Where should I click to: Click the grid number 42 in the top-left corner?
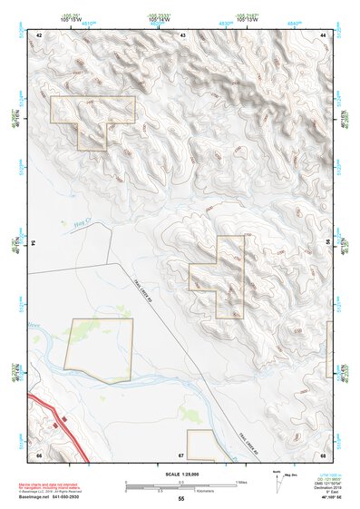(39, 34)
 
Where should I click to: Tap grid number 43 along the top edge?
(182, 34)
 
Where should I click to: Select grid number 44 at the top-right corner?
(324, 34)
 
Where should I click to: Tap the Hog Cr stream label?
(77, 220)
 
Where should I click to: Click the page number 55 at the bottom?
(180, 499)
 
